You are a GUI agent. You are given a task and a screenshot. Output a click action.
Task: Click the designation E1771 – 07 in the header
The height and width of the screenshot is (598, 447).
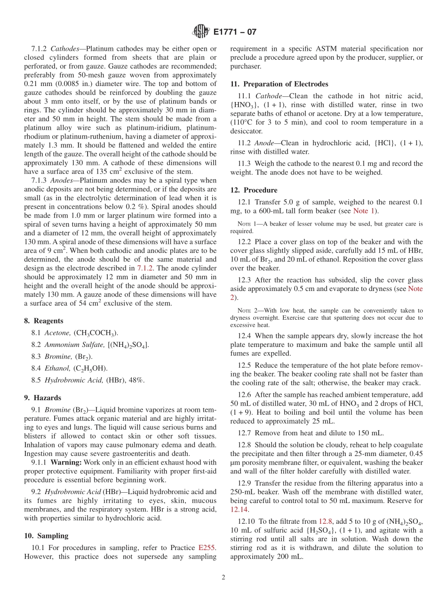(x=235, y=32)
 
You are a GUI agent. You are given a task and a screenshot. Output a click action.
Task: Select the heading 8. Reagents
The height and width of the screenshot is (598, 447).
(x=44, y=321)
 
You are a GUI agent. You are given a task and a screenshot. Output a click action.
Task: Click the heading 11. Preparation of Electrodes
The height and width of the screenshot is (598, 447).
(x=279, y=84)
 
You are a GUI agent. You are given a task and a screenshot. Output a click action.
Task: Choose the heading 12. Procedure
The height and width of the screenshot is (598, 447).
(x=254, y=190)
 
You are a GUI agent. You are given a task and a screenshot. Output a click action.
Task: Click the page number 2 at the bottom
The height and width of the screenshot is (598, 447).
(x=223, y=577)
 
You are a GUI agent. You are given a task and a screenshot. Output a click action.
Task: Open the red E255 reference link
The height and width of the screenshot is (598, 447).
(x=207, y=547)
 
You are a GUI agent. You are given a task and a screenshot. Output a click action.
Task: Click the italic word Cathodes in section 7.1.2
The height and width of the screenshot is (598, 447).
(x=67, y=48)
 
